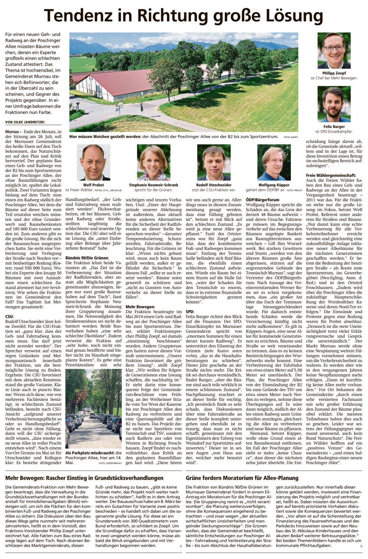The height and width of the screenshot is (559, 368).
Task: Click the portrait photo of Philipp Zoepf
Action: tap(334, 51)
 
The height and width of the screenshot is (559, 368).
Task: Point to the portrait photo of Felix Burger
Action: tap(334, 104)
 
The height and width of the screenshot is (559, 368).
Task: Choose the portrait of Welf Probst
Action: tap(93, 162)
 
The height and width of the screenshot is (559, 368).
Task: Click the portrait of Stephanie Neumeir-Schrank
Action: tap(153, 162)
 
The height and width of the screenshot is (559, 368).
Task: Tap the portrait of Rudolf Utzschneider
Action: tap(213, 162)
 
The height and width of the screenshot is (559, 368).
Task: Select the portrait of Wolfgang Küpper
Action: tap(274, 162)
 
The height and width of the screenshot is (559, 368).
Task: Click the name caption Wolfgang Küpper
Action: tap(274, 185)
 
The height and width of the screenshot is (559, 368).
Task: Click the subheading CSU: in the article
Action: tap(10, 316)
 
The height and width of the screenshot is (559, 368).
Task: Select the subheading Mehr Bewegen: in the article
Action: tap(140, 307)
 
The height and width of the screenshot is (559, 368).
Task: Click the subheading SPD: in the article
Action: tap(190, 311)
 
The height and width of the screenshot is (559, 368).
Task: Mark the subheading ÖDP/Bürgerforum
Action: tap(262, 200)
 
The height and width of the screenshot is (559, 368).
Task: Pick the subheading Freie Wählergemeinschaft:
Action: tap(331, 176)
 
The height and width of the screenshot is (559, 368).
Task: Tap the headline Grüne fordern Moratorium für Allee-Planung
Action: tap(242, 478)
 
